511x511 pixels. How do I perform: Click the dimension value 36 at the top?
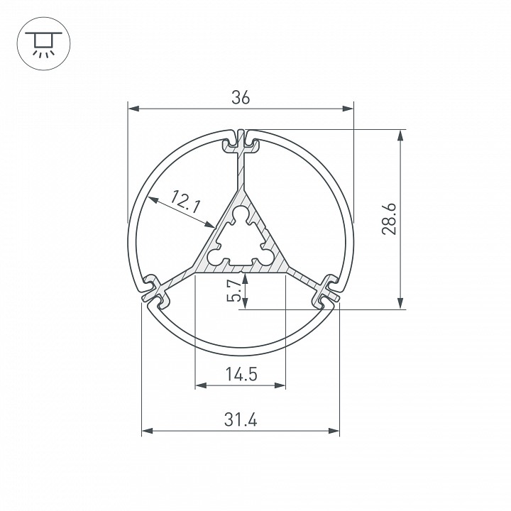(x=241, y=99)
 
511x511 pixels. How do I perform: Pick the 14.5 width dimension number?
(x=240, y=375)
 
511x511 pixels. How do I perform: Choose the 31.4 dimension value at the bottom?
(x=240, y=419)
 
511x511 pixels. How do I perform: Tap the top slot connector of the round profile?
(x=241, y=142)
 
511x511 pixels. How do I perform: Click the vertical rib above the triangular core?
(x=241, y=170)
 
